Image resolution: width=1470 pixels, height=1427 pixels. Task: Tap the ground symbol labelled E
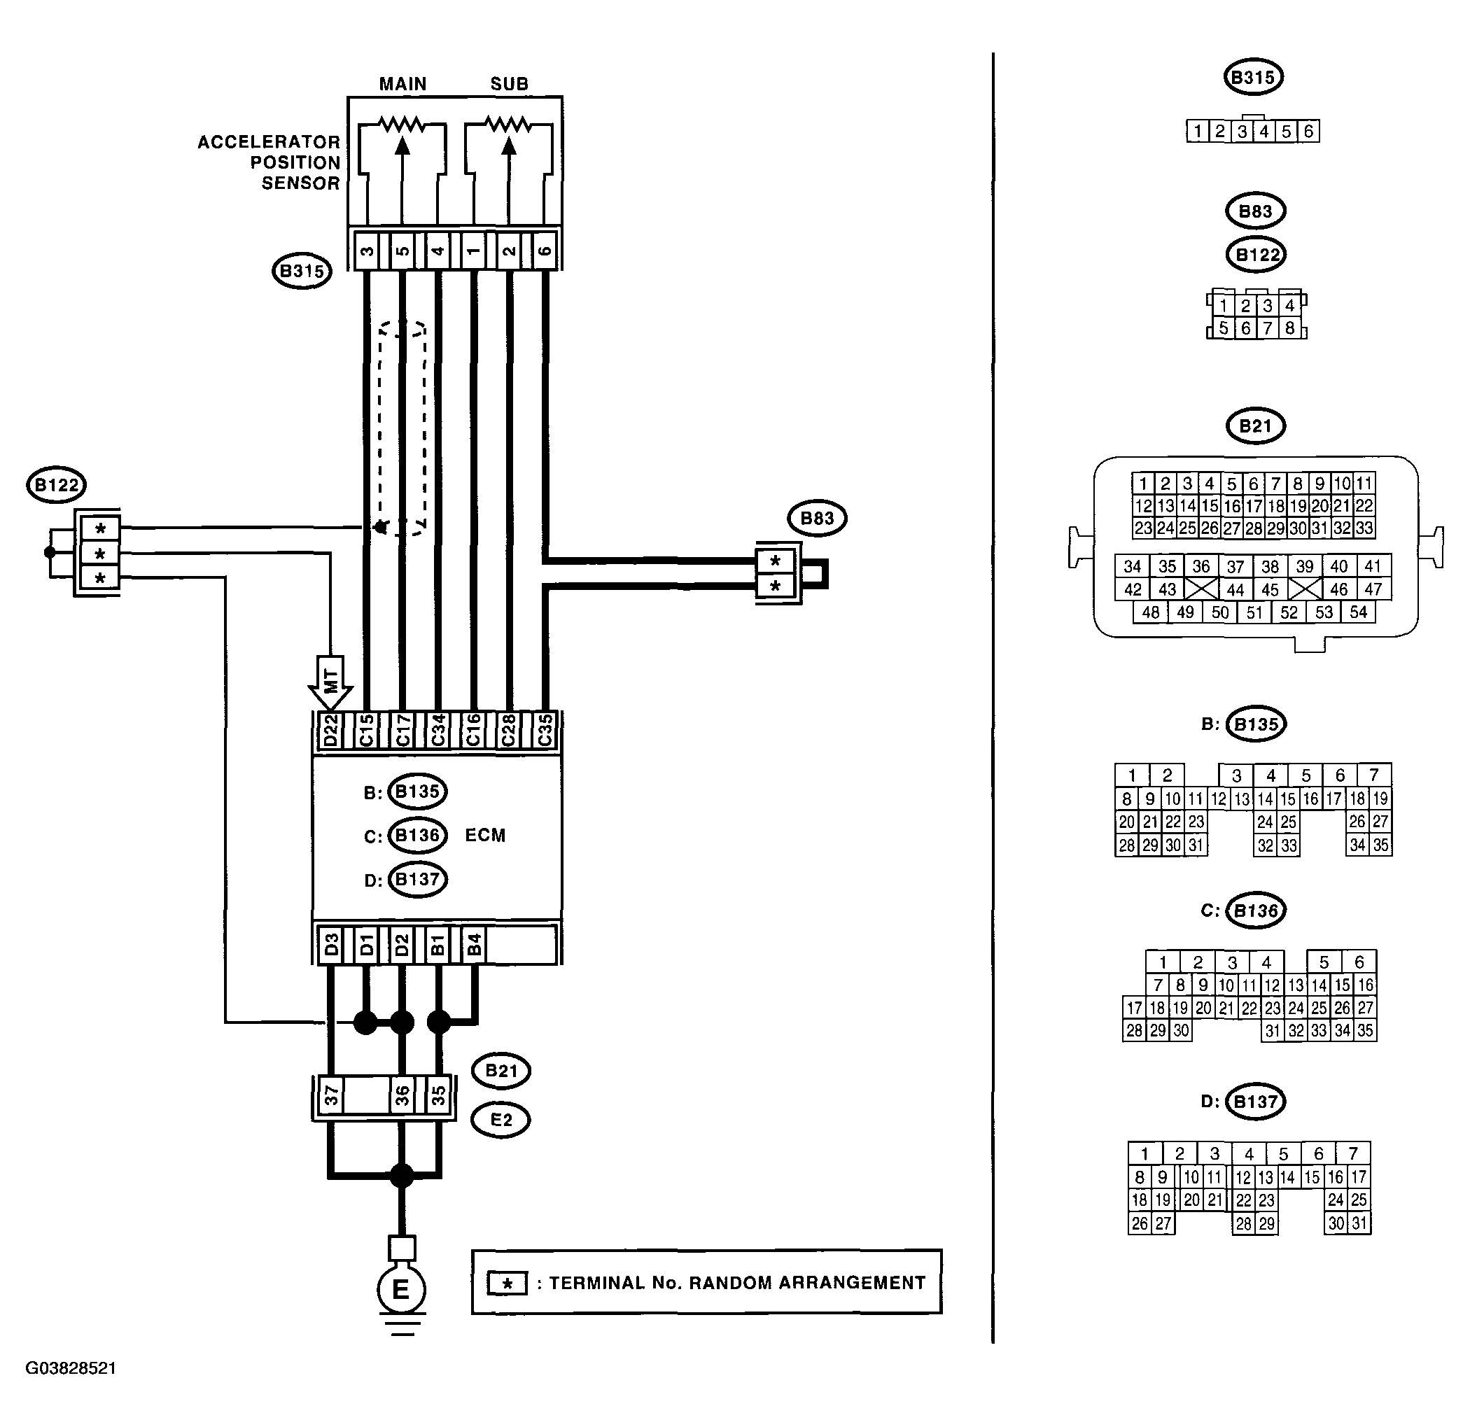click(401, 1289)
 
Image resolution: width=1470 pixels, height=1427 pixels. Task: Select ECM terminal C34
click(438, 730)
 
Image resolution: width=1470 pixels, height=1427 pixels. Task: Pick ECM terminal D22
click(330, 730)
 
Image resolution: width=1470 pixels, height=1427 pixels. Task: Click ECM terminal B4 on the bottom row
click(474, 945)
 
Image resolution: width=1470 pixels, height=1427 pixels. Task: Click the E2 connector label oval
click(501, 1120)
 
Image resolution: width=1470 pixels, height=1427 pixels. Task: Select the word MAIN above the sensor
click(402, 84)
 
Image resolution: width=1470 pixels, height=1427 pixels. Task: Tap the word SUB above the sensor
click(510, 84)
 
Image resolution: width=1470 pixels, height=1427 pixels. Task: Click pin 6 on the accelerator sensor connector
click(545, 250)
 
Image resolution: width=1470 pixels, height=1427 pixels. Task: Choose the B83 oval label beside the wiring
click(817, 518)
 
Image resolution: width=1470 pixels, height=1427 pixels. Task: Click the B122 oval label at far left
click(56, 485)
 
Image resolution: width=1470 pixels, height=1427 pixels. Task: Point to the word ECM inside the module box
click(485, 836)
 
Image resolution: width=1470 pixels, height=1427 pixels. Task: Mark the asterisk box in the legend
click(507, 1283)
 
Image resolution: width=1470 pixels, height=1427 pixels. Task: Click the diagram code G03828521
click(71, 1368)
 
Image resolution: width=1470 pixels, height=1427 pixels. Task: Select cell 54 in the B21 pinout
click(1358, 612)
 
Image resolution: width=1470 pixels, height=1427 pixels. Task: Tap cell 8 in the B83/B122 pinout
click(1289, 328)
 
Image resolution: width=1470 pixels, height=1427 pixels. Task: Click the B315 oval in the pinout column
click(1253, 77)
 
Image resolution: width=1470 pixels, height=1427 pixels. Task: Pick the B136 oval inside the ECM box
click(417, 836)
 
